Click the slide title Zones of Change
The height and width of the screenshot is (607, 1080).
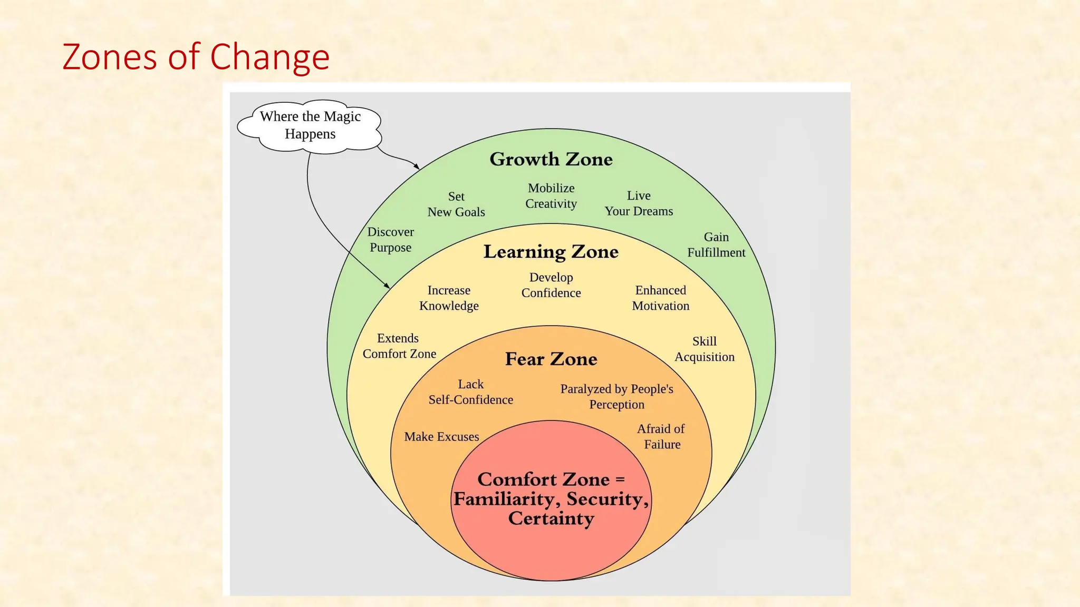coord(196,57)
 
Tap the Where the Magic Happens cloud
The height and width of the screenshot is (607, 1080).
coord(310,125)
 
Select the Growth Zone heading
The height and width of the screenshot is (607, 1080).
coord(551,159)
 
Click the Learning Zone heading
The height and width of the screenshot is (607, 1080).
coord(551,252)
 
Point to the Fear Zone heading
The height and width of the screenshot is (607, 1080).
coord(551,359)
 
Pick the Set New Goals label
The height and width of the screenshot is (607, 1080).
coord(456,204)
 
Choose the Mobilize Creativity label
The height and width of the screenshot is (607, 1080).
coord(551,196)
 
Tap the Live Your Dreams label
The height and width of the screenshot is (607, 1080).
coord(639,203)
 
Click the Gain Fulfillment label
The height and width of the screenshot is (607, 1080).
coord(716,245)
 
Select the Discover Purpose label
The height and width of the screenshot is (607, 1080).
coord(391,240)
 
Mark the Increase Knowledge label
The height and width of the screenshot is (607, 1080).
coord(449,298)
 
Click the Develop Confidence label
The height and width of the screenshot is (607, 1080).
coord(551,285)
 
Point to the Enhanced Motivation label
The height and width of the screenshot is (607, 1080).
coord(661,298)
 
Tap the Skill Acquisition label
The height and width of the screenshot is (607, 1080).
coord(705,349)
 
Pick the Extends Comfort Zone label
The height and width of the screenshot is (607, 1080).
coord(399,346)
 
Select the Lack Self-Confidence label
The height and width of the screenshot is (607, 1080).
coord(471,392)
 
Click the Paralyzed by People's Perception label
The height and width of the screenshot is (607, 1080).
coord(617,397)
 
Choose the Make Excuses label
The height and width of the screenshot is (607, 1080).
coord(441,437)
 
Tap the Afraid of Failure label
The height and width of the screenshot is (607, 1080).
coord(661,437)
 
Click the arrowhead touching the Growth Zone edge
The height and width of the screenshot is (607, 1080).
coord(417,167)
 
